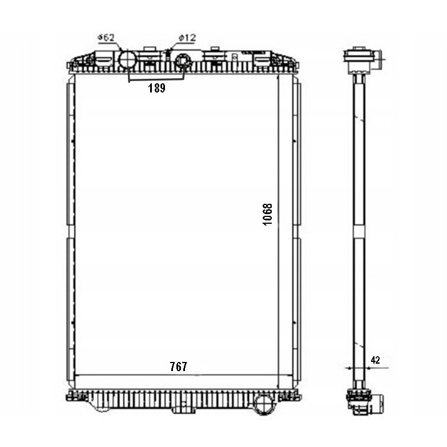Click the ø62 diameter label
coord(107,38)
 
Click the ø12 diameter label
coord(187,38)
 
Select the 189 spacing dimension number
coord(156,88)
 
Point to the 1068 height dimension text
coord(268,215)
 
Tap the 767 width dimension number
coord(178,367)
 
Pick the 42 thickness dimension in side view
coord(375,360)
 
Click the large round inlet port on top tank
coord(127,59)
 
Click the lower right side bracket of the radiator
coord(296,308)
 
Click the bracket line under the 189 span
coord(155,79)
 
